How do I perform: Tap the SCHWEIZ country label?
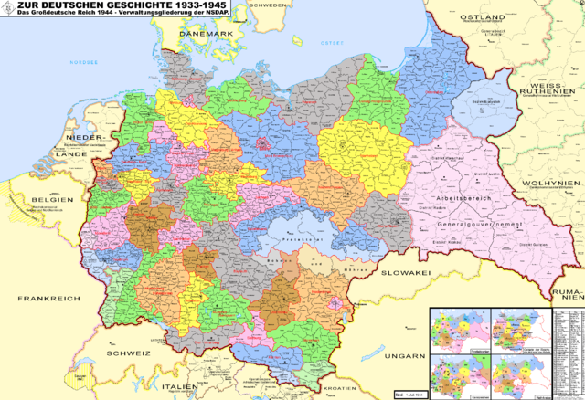[x=127, y=353]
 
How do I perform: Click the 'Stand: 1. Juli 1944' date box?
[x=408, y=394]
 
